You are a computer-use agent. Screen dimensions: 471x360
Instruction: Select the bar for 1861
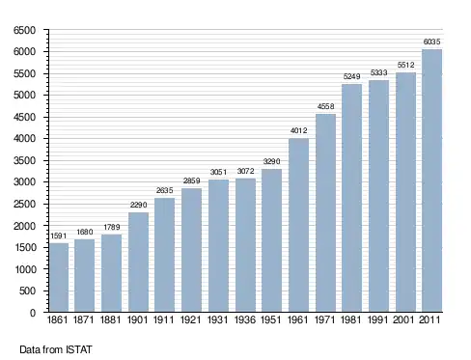[59, 277]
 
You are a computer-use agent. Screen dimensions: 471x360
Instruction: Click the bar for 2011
[431, 180]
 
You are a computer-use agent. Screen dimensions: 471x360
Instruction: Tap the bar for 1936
[245, 245]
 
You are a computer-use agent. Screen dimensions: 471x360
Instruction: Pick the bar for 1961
[299, 225]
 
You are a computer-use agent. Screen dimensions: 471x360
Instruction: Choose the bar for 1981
[351, 198]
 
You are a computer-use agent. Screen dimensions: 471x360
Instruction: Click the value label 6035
[431, 42]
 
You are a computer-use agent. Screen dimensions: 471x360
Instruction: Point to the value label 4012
[299, 130]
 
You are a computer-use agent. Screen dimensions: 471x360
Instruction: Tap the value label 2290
[139, 205]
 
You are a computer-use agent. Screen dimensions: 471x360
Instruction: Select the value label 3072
[246, 171]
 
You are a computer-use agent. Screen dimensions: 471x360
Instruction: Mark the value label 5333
[378, 72]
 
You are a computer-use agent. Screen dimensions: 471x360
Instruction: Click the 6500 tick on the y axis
[24, 30]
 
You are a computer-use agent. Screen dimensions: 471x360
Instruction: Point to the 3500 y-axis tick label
[24, 160]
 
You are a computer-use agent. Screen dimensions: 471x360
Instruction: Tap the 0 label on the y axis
[33, 313]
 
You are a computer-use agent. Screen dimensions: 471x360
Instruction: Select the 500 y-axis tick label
[27, 291]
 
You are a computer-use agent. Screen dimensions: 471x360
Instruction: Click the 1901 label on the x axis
[137, 319]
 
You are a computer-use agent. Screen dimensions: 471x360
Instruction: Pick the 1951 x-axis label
[271, 319]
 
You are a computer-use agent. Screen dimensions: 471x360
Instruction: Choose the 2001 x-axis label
[403, 319]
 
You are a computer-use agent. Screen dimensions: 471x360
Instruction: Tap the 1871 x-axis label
[84, 319]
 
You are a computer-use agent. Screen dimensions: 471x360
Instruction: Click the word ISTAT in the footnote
[79, 349]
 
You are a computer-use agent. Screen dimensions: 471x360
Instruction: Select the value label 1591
[59, 235]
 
